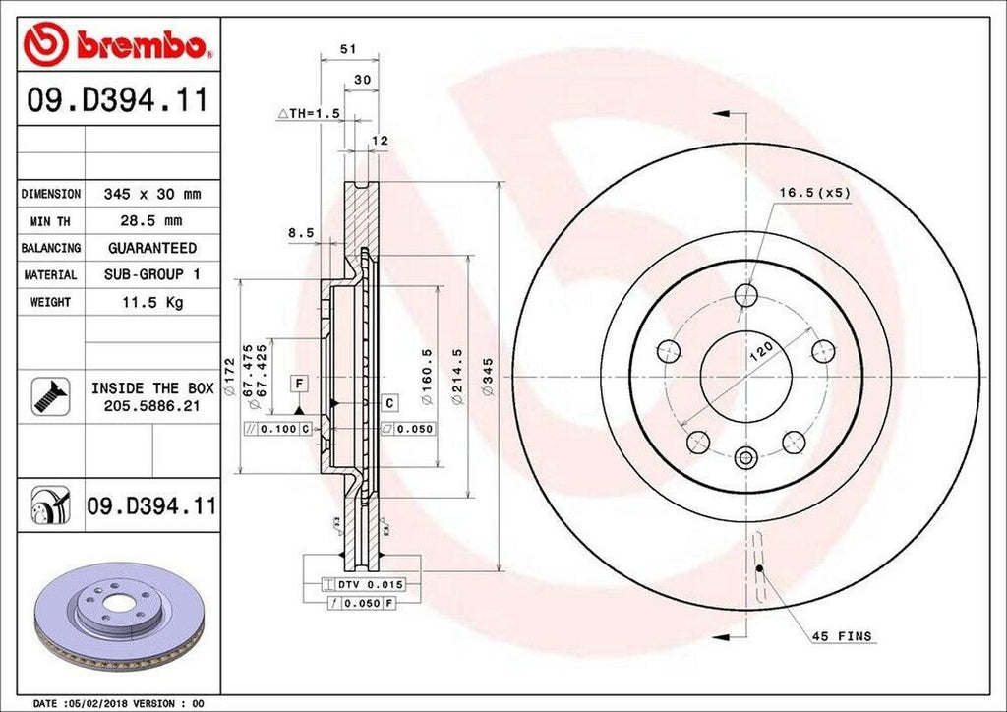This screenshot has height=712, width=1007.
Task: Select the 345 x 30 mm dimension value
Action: pyautogui.click(x=151, y=195)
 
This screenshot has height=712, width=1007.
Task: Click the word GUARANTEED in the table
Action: pyautogui.click(x=151, y=248)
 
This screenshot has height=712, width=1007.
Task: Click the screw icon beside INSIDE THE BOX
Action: pyautogui.click(x=48, y=395)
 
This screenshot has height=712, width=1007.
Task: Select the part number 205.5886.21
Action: pyautogui.click(x=151, y=405)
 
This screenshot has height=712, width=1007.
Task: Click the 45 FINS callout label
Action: pyautogui.click(x=841, y=636)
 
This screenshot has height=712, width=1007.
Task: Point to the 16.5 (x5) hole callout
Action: pyautogui.click(x=814, y=193)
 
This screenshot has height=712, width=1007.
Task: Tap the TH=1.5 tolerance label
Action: pyautogui.click(x=309, y=114)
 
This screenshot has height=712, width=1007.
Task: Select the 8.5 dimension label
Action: pyautogui.click(x=301, y=233)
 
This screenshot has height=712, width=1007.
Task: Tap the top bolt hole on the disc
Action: pyautogui.click(x=746, y=296)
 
